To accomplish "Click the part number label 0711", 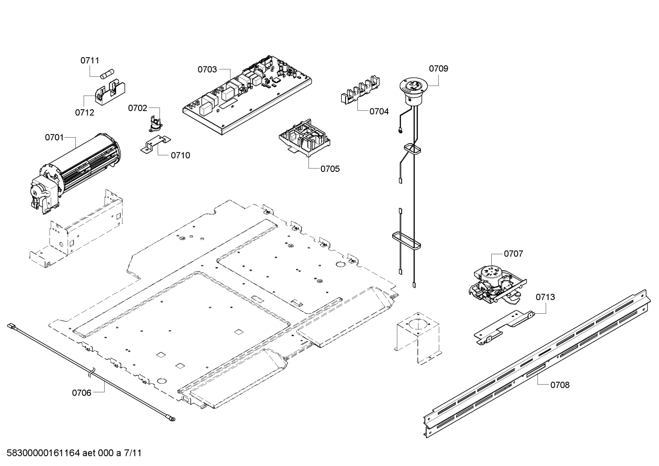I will (90, 60).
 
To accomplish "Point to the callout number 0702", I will (137, 108).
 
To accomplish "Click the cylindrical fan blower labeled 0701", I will (78, 169).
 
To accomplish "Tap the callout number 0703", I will (207, 70).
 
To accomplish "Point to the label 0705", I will (329, 169).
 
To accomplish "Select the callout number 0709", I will (438, 69).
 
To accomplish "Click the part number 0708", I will (559, 385).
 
